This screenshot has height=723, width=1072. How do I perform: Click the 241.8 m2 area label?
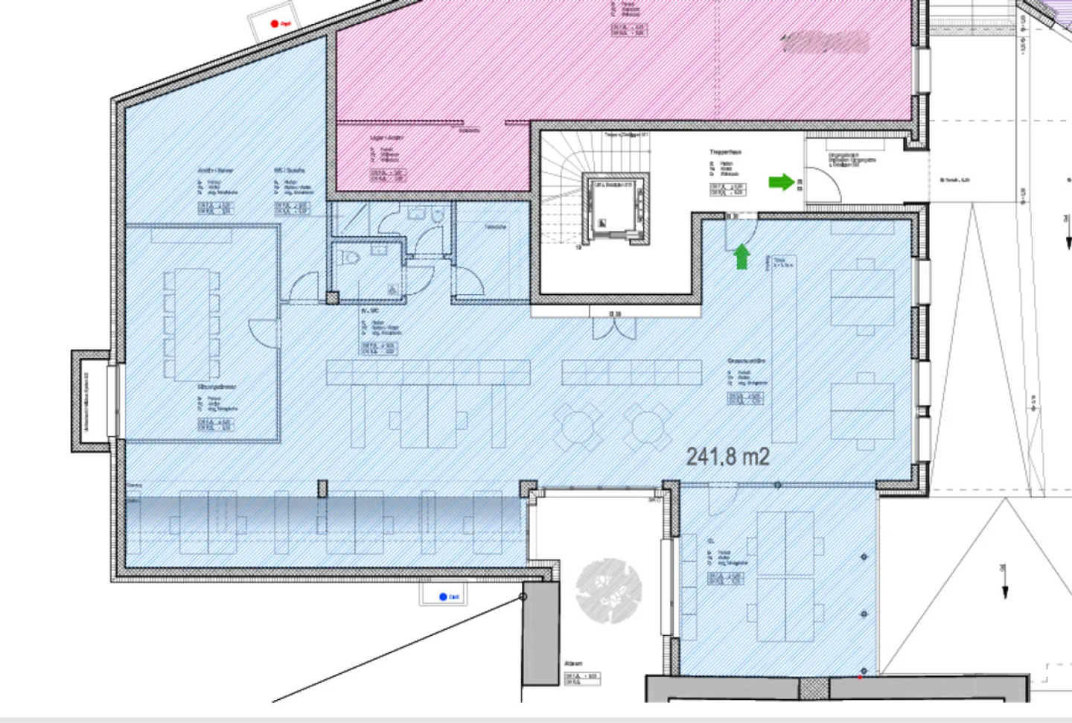click(x=727, y=456)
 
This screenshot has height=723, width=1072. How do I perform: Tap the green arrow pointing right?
click(x=781, y=182)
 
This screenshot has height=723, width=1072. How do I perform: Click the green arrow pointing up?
click(x=741, y=257)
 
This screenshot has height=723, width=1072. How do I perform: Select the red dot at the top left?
click(x=274, y=24)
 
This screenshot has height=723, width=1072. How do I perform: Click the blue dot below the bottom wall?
click(x=443, y=596)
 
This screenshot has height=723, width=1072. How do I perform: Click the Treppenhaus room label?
click(x=724, y=152)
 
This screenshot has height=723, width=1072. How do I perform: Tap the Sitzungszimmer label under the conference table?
click(x=217, y=387)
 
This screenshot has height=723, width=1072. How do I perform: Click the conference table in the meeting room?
click(x=191, y=325)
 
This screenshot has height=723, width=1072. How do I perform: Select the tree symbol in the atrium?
click(x=608, y=590)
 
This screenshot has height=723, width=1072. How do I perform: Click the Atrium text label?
click(x=573, y=663)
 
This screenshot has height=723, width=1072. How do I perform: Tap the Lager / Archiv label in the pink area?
click(x=386, y=138)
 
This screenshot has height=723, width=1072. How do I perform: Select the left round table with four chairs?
click(x=577, y=427)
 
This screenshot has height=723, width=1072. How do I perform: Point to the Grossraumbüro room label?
click(x=746, y=361)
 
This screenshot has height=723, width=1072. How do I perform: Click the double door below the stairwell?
click(x=615, y=326)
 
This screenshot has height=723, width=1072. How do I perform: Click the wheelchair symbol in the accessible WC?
click(x=392, y=289)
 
